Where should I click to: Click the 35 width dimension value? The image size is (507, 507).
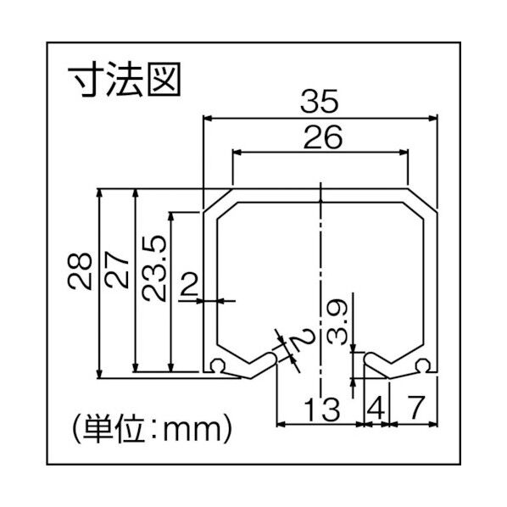320,102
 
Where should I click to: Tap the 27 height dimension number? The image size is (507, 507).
118,270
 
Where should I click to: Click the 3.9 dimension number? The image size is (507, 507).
337,319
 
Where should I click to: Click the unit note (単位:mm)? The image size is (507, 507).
150,421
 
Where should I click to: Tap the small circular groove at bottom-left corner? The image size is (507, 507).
219,367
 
